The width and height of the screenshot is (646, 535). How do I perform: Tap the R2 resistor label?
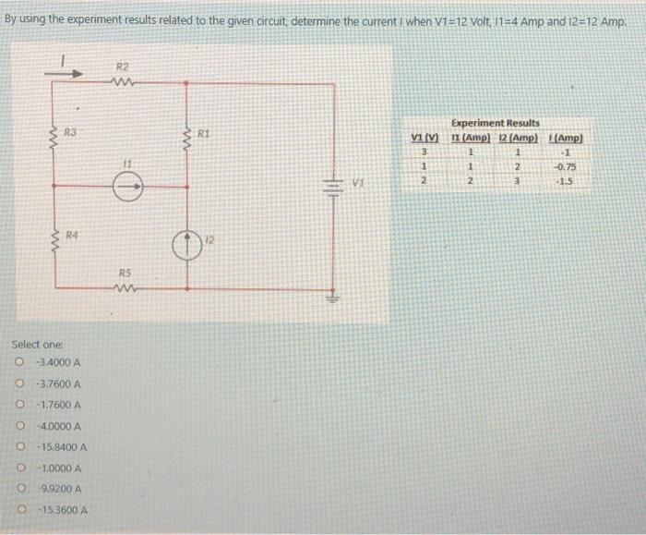[x=123, y=66]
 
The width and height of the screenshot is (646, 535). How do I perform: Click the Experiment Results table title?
[x=496, y=122]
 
